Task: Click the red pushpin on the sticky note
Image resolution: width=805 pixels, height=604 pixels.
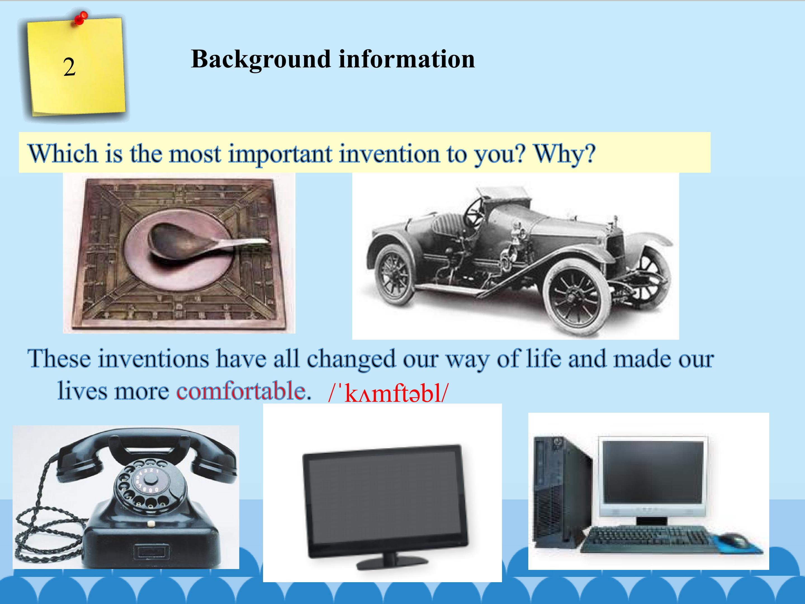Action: click(x=81, y=18)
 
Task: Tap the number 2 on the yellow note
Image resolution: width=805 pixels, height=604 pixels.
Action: click(x=69, y=67)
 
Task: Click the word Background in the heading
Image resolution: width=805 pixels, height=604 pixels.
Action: click(x=260, y=59)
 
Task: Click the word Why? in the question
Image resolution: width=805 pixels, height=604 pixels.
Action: click(x=564, y=154)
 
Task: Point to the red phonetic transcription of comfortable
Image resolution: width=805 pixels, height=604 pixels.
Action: click(x=388, y=393)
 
